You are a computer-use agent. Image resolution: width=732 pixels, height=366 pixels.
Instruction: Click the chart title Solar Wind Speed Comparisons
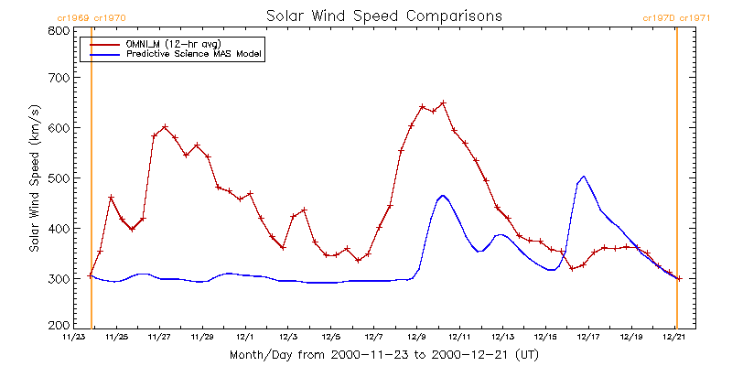click(x=383, y=16)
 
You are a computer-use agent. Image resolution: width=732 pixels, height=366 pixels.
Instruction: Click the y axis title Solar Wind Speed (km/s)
click(x=34, y=178)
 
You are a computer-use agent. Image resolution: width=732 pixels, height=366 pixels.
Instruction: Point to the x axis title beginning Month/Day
click(x=383, y=353)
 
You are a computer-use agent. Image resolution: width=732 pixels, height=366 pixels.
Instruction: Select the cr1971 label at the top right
click(x=695, y=17)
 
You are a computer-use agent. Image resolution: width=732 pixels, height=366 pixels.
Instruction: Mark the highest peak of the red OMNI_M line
click(x=443, y=102)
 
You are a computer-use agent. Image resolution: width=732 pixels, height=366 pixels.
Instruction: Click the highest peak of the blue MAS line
click(x=584, y=177)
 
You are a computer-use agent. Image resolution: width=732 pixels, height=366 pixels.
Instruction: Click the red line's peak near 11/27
click(x=165, y=127)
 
